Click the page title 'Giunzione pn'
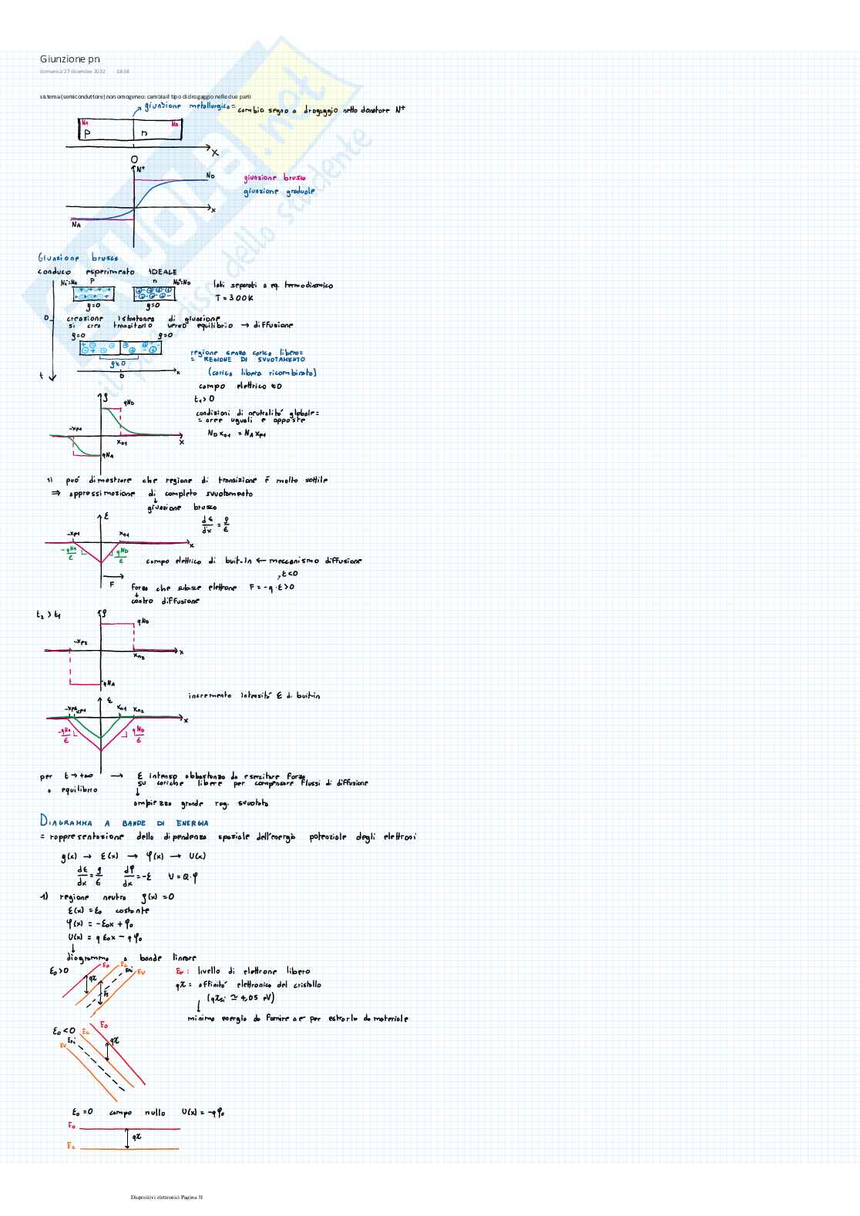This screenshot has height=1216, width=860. pos(70,59)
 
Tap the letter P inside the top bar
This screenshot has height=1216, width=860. pos(87,133)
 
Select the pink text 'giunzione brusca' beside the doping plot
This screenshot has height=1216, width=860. pos(274,178)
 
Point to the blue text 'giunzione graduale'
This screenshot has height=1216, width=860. pos(279,191)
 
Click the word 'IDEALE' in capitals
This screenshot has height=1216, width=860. pos(163,272)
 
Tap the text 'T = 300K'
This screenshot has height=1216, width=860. pos(234,298)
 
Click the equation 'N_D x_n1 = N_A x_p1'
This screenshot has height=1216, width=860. pos(237,434)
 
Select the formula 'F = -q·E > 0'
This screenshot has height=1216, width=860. pos(271,588)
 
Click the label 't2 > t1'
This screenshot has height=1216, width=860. pos(49,615)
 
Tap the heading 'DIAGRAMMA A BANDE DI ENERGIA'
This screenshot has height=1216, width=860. pos(124,822)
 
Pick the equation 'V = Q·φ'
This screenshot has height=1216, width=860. pos(183,876)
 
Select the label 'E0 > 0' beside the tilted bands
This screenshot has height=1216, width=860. pos(60,971)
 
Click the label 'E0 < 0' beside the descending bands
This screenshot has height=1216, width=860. pos(64,1031)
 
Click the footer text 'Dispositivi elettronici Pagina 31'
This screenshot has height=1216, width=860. pos(166,1197)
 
